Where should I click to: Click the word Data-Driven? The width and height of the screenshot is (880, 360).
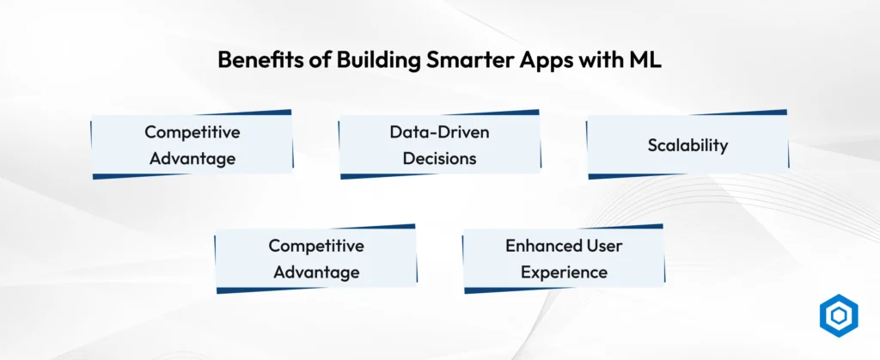tap(439, 132)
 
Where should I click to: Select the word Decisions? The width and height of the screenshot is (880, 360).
tap(439, 159)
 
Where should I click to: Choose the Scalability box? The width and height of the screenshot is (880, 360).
tap(687, 144)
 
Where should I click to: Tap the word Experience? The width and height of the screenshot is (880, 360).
tap(564, 272)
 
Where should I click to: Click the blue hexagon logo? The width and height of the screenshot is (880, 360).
tap(839, 315)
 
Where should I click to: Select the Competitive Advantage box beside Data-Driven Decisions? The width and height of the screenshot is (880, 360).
tap(192, 144)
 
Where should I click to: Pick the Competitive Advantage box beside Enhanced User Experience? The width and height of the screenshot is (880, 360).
tap(316, 259)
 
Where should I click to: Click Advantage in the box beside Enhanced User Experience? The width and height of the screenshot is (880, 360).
tap(316, 272)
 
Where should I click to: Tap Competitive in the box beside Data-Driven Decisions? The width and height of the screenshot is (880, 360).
tap(192, 132)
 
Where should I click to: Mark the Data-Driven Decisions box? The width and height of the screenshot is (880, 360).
tap(439, 144)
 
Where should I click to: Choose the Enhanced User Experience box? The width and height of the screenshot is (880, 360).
tap(564, 259)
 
